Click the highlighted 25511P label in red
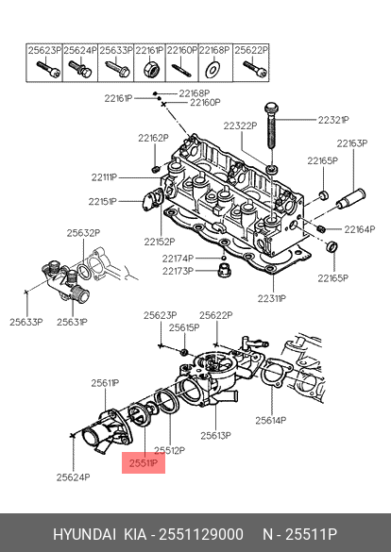144,463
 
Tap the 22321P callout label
333,120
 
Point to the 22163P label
352,143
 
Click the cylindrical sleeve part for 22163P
350,200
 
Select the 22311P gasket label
272,298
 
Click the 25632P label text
83,233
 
